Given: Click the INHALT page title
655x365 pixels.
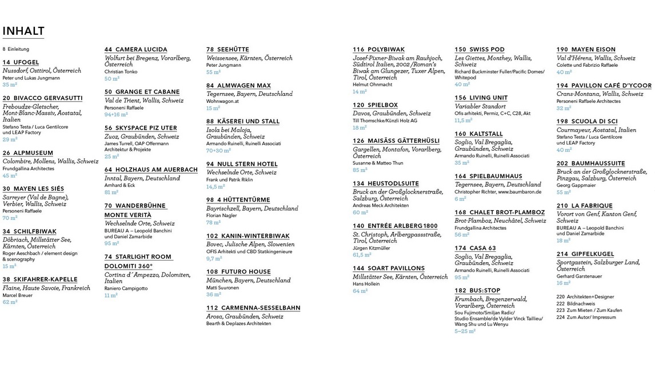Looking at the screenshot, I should [x=23, y=31].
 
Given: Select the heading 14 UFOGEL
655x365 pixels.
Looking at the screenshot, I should [x=21, y=62].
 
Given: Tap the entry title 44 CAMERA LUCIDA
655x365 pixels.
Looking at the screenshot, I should [x=136, y=50].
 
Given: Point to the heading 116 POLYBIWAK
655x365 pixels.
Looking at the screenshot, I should [x=380, y=50].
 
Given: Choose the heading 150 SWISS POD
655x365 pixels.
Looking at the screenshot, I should [x=480, y=50].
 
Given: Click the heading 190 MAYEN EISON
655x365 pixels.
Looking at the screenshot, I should [x=586, y=50].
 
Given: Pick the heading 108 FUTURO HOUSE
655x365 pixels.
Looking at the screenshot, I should [x=238, y=272].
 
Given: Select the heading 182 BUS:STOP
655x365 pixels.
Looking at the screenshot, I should [x=477, y=290].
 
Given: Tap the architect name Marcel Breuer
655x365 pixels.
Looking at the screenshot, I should [x=18, y=295].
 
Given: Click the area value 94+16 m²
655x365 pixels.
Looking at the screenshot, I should [x=116, y=114].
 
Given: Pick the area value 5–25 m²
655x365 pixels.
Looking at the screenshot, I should [x=465, y=331].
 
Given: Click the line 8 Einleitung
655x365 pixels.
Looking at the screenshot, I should [x=16, y=49].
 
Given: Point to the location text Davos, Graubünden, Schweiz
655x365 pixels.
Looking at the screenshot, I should [x=392, y=113].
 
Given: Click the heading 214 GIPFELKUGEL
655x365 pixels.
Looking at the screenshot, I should [x=585, y=254].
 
